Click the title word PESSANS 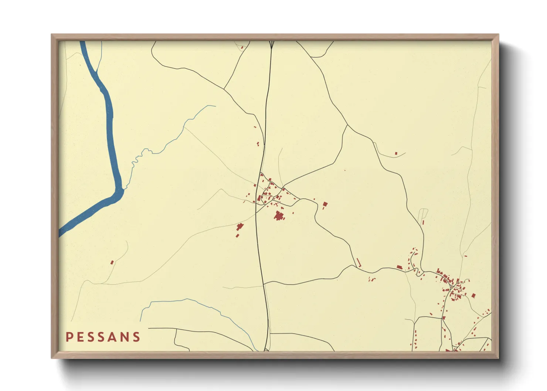click(x=103, y=337)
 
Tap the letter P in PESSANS click(x=69, y=337)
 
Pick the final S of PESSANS click(x=137, y=337)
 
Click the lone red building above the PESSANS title click(x=112, y=262)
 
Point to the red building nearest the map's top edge click(x=242, y=47)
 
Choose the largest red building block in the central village click(x=279, y=215)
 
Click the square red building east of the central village click(x=325, y=204)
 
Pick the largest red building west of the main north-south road click(x=240, y=227)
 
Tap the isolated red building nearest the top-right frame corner click(x=396, y=153)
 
